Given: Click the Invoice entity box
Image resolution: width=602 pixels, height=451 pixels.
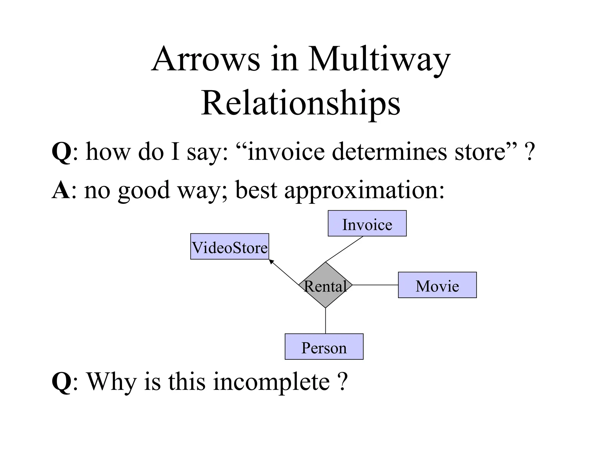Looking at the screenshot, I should (x=367, y=223).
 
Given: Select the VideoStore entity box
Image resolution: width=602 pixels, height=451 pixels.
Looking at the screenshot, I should (x=230, y=247).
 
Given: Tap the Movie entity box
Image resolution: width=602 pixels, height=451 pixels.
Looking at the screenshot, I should (x=437, y=285).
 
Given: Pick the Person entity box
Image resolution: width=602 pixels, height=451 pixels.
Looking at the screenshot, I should (x=324, y=347).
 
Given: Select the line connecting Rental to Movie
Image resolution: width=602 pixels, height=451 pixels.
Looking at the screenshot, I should (x=375, y=285).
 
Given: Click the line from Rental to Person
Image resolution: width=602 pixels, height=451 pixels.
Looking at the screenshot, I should (x=325, y=321).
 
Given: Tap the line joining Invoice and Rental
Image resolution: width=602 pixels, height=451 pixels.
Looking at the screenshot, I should (x=344, y=249).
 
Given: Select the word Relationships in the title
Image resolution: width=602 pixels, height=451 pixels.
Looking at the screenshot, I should (x=300, y=103).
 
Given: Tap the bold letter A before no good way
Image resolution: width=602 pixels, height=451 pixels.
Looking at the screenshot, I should (x=61, y=190).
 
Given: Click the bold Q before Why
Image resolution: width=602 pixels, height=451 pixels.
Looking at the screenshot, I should (x=61, y=382).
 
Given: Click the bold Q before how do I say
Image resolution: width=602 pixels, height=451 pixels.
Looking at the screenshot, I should (x=61, y=152).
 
